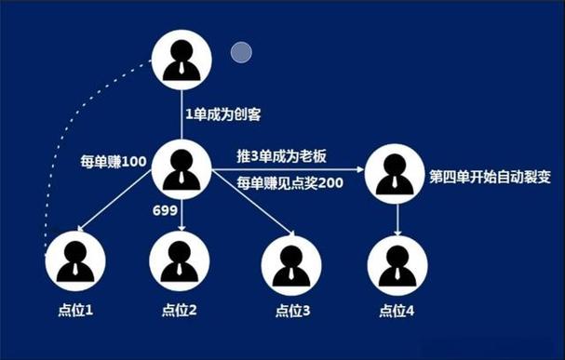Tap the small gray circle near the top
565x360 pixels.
click(242, 53)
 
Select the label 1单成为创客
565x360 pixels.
click(223, 114)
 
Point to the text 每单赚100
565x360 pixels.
click(114, 162)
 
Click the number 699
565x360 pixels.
click(165, 211)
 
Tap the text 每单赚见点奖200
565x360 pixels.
click(289, 182)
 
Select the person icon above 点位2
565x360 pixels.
click(179, 260)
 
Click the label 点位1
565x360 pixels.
click(74, 310)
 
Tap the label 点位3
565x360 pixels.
click(292, 310)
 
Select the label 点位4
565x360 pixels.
click(397, 310)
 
